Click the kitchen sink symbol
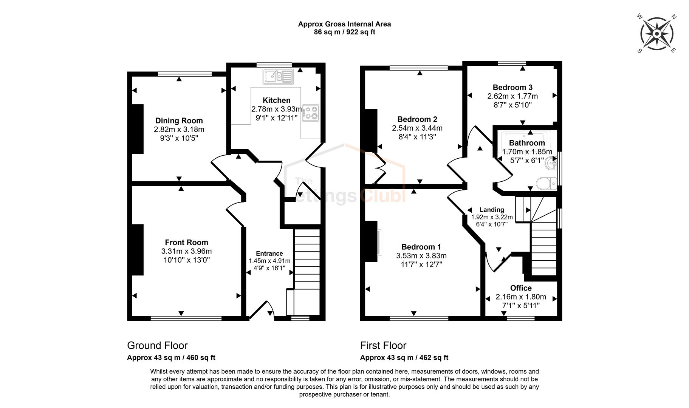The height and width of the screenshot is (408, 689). pyautogui.click(x=278, y=77)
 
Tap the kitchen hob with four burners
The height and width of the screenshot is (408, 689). pyautogui.click(x=311, y=113)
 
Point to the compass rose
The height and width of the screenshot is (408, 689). pyautogui.click(x=657, y=34)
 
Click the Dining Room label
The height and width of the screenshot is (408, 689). pyautogui.click(x=179, y=121)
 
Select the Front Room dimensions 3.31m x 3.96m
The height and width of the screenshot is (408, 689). pyautogui.click(x=186, y=251)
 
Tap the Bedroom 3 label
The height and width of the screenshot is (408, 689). pyautogui.click(x=512, y=87)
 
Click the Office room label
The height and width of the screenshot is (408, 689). pyautogui.click(x=521, y=288)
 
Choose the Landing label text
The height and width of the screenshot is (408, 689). pyautogui.click(x=492, y=210)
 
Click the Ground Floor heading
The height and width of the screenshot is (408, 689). pyautogui.click(x=157, y=345)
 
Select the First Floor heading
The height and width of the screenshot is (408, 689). pyautogui.click(x=383, y=345)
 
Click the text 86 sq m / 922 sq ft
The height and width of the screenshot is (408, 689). pyautogui.click(x=344, y=32)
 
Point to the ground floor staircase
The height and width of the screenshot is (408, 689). pyautogui.click(x=307, y=264)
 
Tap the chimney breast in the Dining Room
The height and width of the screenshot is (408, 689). pyautogui.click(x=137, y=129)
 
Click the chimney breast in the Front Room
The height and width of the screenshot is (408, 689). pyautogui.click(x=137, y=249)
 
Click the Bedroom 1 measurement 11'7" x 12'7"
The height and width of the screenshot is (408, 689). pyautogui.click(x=421, y=264)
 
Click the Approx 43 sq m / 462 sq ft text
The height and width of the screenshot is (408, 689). pyautogui.click(x=404, y=357)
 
